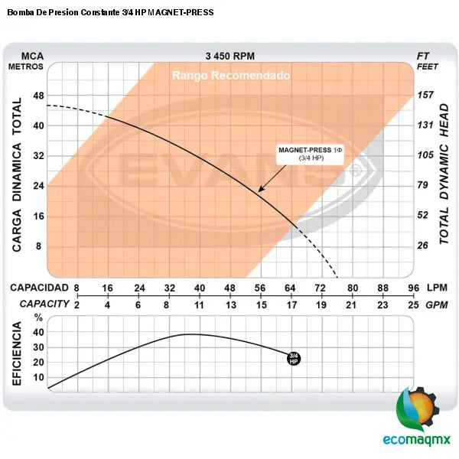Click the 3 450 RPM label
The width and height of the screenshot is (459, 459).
click(x=229, y=56)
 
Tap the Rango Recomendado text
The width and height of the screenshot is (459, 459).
click(x=230, y=76)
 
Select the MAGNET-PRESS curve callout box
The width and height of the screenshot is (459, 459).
click(x=311, y=153)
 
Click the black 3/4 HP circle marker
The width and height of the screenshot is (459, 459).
click(x=293, y=358)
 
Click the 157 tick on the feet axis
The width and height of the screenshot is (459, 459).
click(x=425, y=95)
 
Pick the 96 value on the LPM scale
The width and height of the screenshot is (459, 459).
click(x=414, y=288)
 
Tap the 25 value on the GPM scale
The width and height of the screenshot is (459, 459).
click(x=414, y=304)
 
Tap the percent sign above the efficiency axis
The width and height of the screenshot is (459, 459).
click(x=38, y=317)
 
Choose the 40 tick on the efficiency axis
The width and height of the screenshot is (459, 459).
click(x=38, y=333)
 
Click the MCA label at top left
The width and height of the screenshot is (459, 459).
click(x=32, y=56)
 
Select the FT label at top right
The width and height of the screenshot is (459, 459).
click(x=424, y=56)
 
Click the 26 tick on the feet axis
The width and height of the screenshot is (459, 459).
click(x=425, y=246)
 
